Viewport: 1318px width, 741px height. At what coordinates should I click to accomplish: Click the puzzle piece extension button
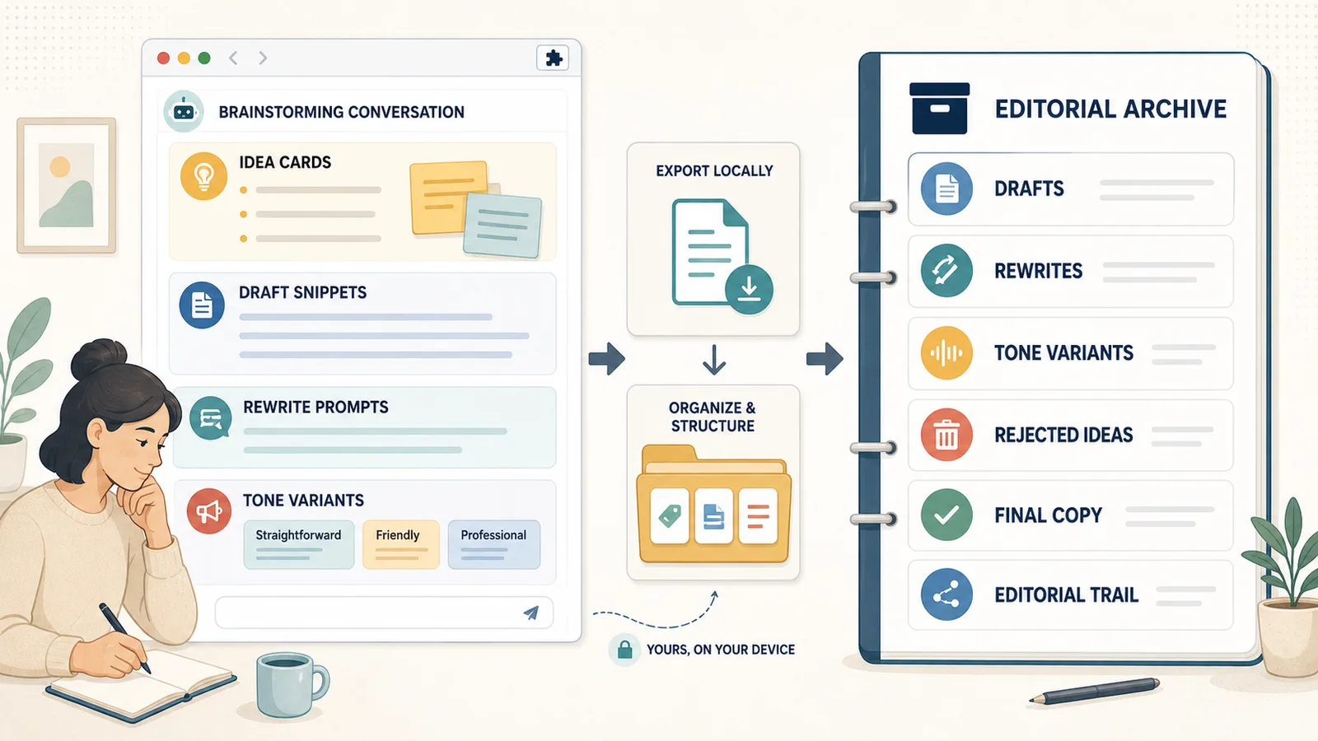click(553, 58)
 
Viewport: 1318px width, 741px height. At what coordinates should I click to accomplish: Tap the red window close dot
click(164, 58)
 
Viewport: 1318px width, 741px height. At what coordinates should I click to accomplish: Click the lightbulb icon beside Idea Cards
click(203, 176)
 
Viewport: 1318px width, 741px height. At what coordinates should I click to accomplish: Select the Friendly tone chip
click(400, 544)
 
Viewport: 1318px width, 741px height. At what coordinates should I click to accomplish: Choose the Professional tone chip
click(493, 544)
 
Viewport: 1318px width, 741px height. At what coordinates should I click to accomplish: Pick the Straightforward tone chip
click(299, 544)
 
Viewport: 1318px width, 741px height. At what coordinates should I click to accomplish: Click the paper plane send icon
click(530, 613)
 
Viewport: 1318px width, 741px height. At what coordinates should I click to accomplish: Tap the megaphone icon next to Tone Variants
click(209, 511)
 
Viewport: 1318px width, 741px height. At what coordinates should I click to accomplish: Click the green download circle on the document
click(749, 289)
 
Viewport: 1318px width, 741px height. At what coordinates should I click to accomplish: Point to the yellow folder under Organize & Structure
click(713, 505)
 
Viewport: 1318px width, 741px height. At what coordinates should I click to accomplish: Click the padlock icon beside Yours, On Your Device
click(625, 650)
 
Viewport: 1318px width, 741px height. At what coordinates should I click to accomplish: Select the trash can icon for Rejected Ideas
click(946, 435)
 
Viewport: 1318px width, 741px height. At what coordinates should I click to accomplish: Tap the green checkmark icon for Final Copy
click(946, 515)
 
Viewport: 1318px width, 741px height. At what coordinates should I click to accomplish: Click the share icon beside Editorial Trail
click(946, 594)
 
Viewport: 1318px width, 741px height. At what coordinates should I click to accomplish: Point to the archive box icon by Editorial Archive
click(939, 108)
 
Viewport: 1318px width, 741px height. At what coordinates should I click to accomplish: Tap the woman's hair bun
click(99, 359)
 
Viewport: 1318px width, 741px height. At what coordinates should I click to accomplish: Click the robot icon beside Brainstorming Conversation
click(184, 111)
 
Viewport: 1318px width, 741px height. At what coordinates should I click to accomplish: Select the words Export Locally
click(714, 170)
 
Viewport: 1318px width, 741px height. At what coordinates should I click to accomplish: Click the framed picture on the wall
click(67, 185)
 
